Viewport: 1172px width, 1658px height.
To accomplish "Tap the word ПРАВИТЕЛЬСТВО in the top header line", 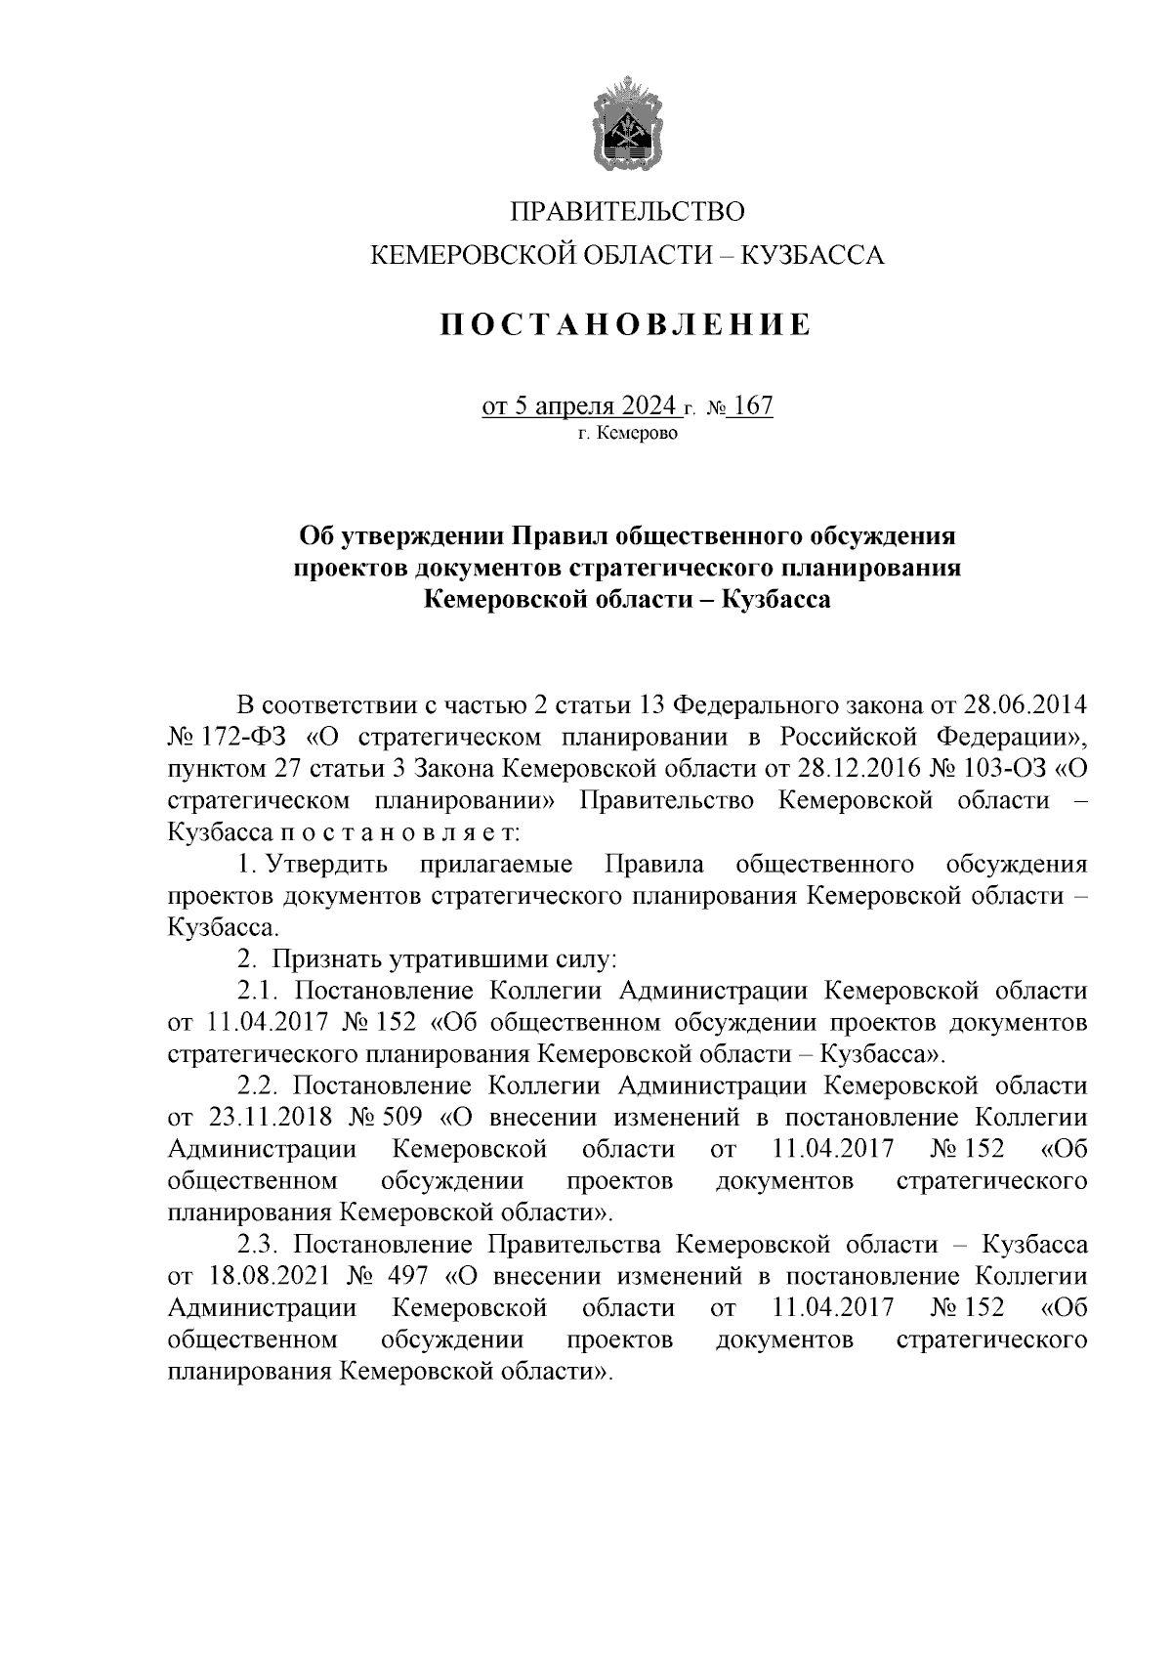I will [627, 212].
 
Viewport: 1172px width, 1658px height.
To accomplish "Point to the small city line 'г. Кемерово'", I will [626, 433].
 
